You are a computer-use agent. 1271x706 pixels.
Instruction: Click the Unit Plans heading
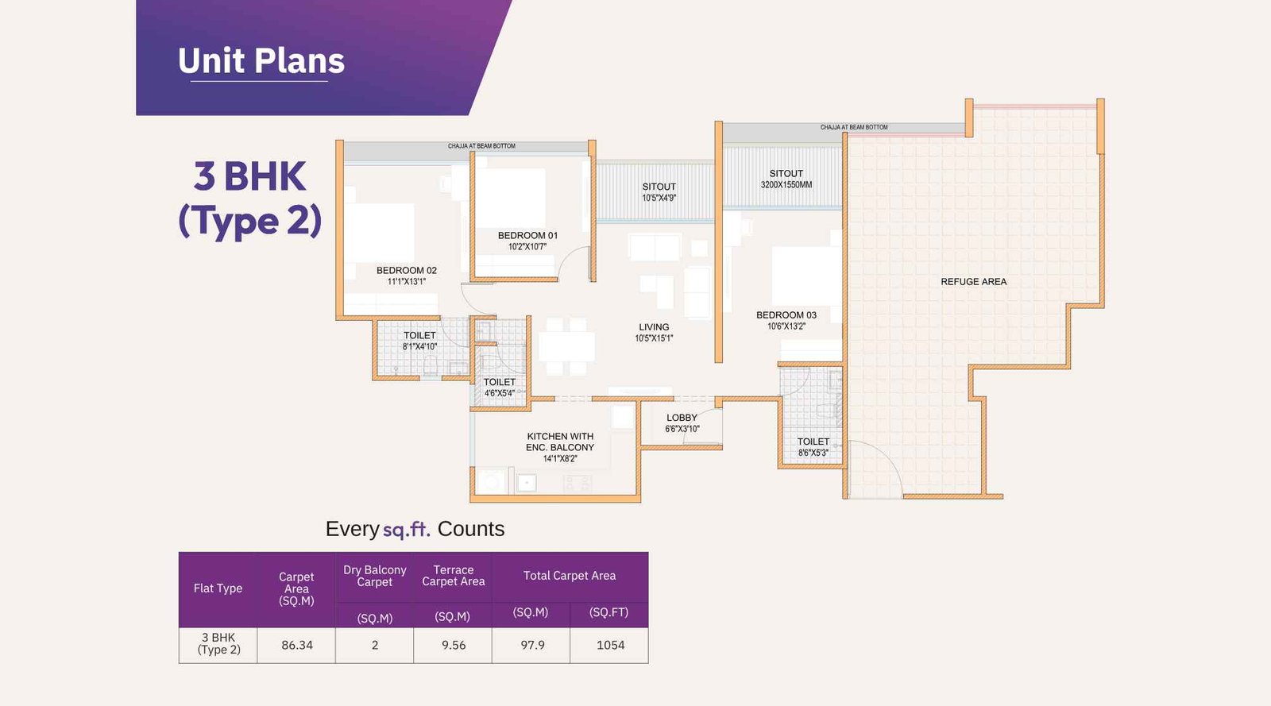[x=261, y=61]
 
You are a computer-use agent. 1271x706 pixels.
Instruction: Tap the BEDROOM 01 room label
[x=527, y=236]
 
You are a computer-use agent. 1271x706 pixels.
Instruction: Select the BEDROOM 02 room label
[x=406, y=271]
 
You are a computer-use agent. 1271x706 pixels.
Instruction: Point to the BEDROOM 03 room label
[x=786, y=315]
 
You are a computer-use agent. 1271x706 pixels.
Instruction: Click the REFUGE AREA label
[x=973, y=282]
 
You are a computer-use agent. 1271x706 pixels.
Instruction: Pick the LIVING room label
[x=654, y=327]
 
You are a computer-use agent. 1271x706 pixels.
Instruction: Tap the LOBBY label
[x=682, y=418]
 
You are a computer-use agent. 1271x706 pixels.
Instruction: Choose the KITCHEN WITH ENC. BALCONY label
[x=560, y=442]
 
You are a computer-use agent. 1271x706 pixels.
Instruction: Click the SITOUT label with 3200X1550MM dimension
[x=786, y=174]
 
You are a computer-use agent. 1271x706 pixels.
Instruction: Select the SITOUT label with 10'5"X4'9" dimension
[x=659, y=187]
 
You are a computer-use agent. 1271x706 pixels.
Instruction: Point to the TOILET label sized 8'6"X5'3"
[x=813, y=442]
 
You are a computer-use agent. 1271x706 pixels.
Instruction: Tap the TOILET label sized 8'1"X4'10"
[x=419, y=336]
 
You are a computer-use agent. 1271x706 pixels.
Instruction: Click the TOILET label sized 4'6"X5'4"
[x=499, y=382]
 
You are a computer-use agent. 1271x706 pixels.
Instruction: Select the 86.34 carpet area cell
[x=296, y=645]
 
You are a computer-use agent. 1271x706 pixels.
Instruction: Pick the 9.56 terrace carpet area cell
[x=453, y=645]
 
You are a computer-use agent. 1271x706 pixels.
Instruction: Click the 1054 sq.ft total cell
[x=610, y=645]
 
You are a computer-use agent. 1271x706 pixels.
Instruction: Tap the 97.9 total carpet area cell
[x=532, y=645]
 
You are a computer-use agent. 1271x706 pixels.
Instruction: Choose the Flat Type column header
[x=218, y=588]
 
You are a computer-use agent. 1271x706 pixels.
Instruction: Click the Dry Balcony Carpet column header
[x=374, y=576]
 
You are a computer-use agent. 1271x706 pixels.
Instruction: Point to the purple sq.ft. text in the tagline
[x=406, y=530]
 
